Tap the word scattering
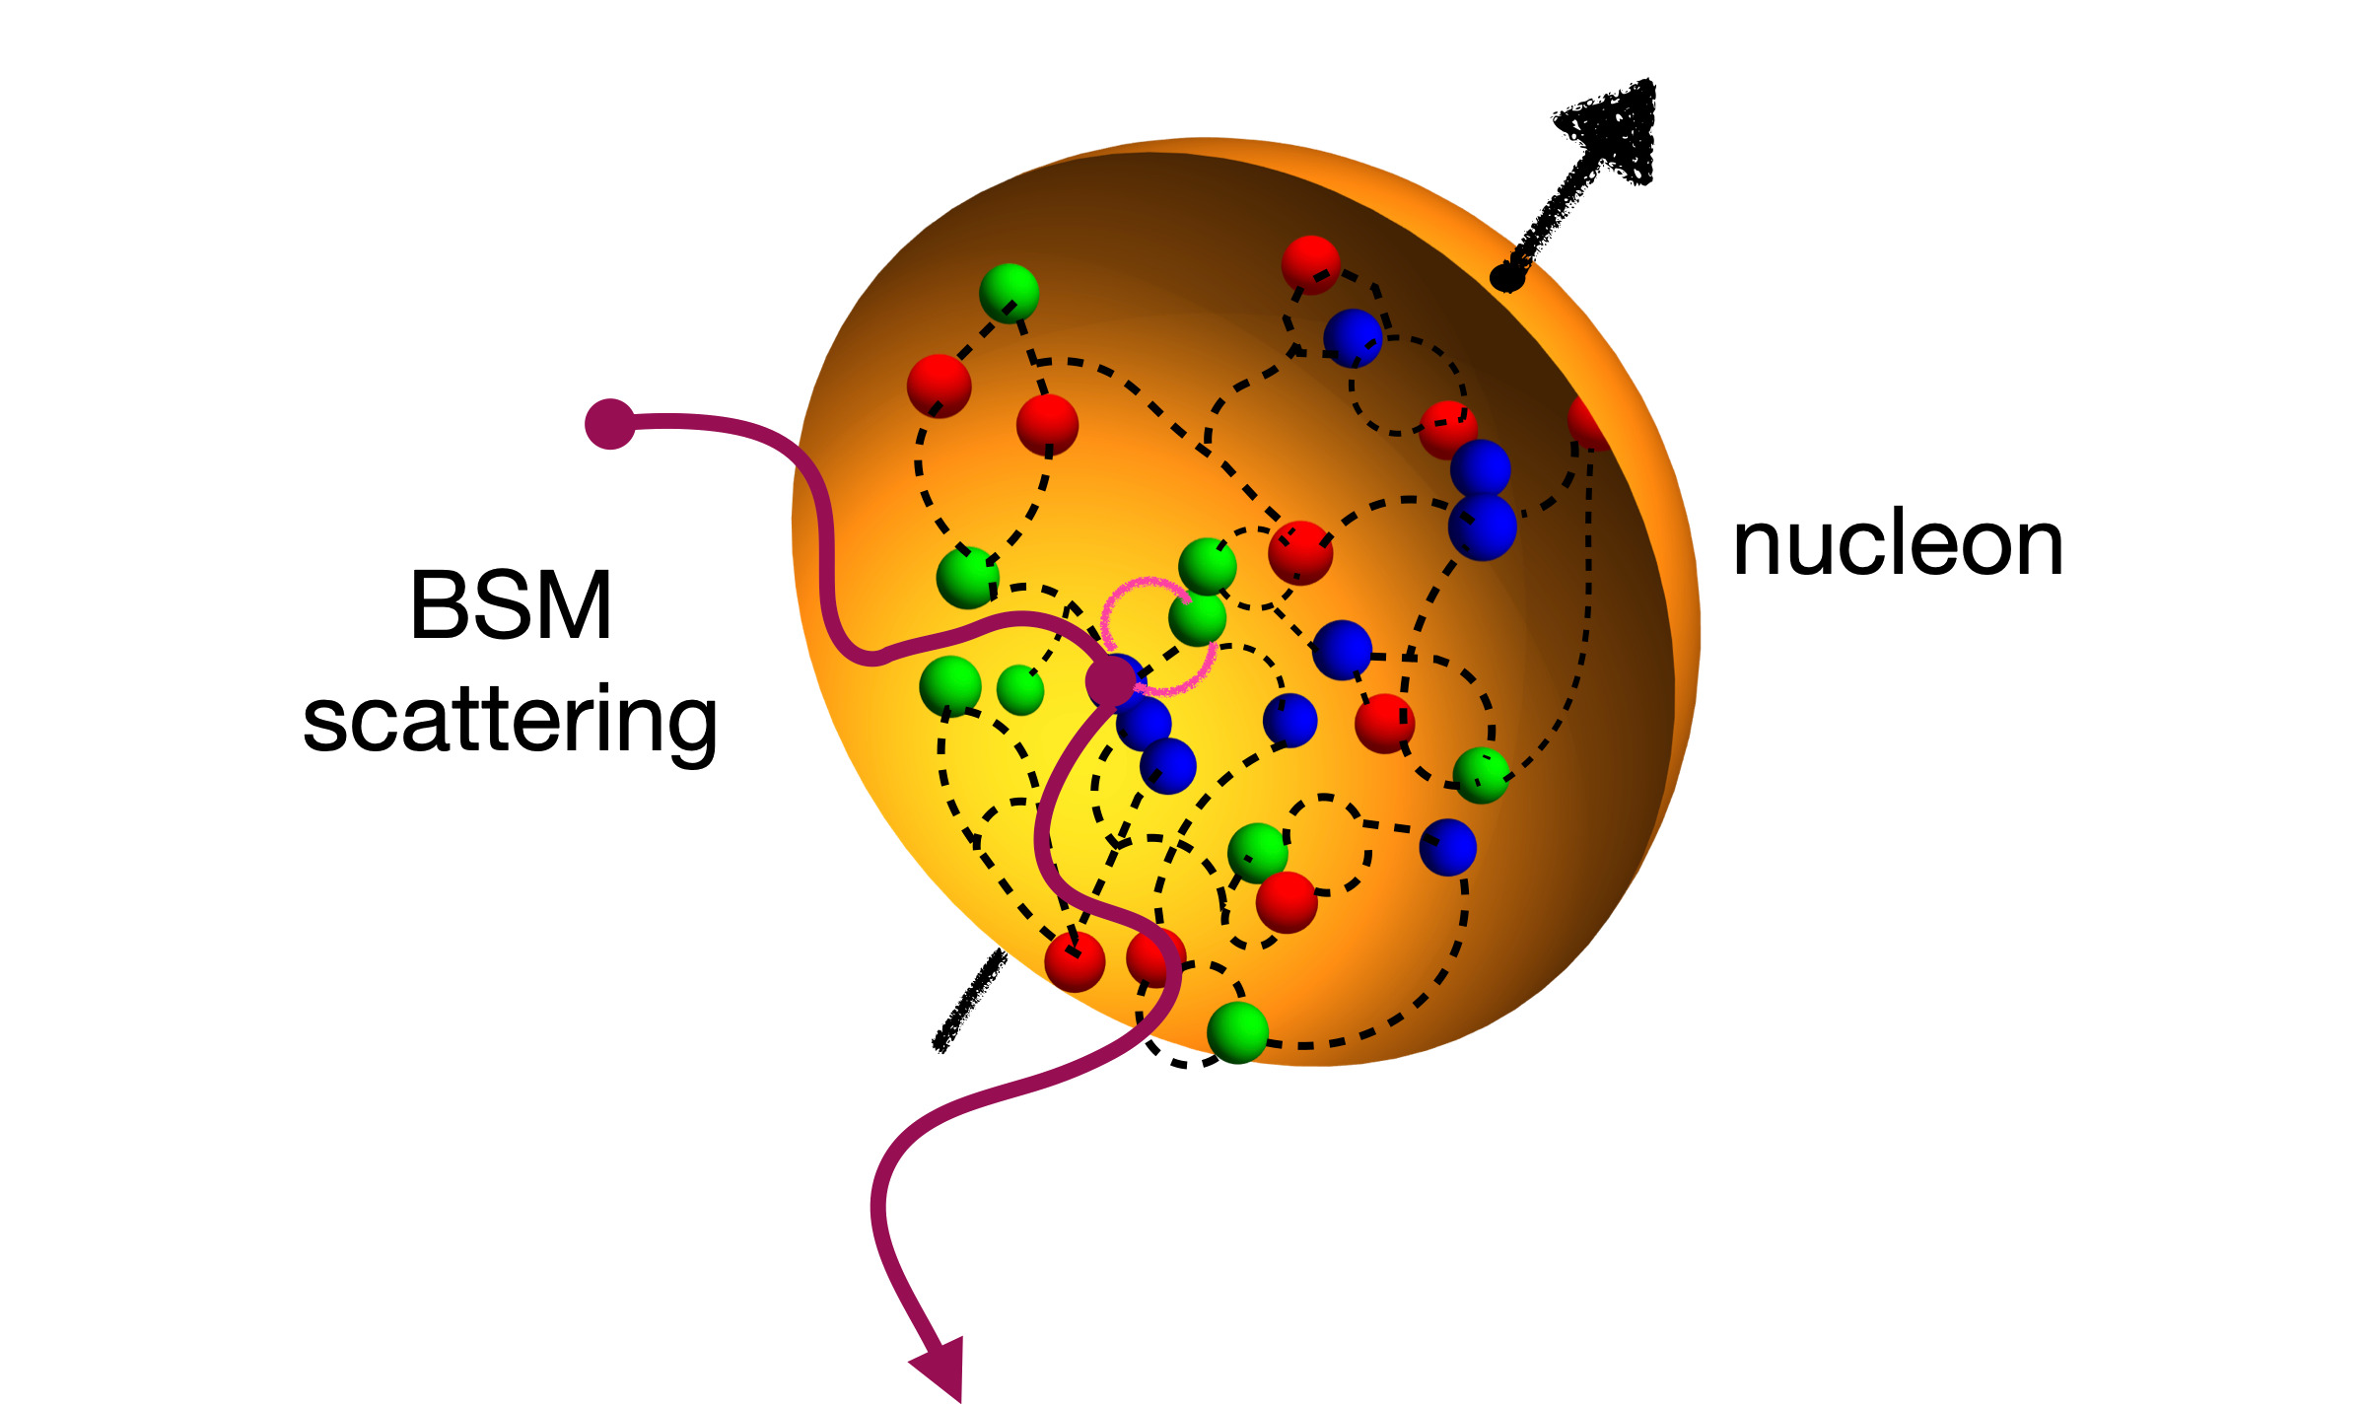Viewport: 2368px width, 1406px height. click(510, 722)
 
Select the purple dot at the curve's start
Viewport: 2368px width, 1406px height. click(609, 424)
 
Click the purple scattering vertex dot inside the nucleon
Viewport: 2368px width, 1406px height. click(1111, 680)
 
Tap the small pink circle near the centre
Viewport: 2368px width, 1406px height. click(1157, 635)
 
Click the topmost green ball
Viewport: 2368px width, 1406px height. click(1009, 292)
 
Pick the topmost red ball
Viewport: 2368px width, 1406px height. click(1310, 264)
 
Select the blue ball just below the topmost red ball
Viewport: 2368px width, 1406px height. click(1352, 337)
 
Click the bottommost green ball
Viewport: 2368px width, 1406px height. click(1236, 1032)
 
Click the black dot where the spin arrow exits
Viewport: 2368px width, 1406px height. click(1507, 278)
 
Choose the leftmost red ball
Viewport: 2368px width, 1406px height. click(939, 386)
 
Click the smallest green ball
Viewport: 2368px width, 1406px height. click(1019, 689)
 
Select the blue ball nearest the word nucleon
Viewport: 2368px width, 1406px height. click(1482, 527)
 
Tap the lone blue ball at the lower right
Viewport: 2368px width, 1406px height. click(1447, 847)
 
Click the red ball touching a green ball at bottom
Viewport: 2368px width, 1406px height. click(1287, 901)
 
